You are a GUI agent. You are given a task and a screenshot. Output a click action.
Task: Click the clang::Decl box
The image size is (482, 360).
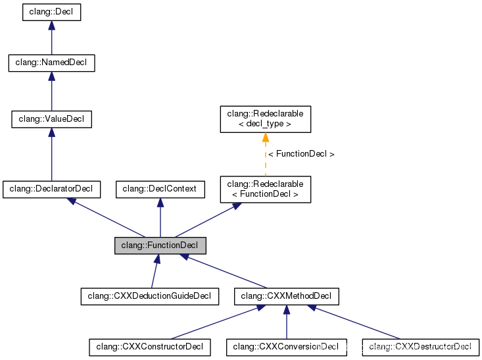point(52,13)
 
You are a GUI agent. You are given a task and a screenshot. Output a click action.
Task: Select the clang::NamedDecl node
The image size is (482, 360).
point(52,63)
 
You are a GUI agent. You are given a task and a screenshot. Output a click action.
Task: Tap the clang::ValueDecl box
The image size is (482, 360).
point(52,119)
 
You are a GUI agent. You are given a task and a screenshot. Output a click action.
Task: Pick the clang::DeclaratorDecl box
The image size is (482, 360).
point(52,190)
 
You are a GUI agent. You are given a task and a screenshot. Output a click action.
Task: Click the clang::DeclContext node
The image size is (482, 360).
point(160,190)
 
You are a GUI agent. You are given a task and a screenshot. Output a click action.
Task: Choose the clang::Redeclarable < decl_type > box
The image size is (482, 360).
point(266,119)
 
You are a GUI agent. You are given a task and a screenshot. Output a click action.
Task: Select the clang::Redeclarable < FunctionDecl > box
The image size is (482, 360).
point(266,190)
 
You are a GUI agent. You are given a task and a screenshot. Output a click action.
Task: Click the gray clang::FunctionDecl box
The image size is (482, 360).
point(160,245)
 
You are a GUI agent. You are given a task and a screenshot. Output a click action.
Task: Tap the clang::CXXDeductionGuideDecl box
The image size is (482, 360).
point(150,296)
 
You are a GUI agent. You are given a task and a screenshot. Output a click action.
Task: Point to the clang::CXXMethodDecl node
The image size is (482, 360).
point(287,296)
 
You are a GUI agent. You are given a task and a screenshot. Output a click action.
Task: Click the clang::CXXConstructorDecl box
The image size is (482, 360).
point(150,347)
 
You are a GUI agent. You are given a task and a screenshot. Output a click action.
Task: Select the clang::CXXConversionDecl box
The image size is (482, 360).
point(287,347)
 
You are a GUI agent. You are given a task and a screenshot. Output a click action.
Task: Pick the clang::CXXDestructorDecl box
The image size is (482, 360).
point(421,347)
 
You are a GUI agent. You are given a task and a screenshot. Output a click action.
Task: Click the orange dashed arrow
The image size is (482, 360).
point(266,155)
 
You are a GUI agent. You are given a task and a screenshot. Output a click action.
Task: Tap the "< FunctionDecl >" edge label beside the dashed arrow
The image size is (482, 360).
point(301,154)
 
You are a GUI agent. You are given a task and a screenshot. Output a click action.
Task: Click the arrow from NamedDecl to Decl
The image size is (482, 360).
point(52,38)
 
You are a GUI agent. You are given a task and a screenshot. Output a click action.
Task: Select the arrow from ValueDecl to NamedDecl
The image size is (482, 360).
point(52,91)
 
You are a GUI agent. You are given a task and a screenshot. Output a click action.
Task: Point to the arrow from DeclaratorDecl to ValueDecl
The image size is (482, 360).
point(52,155)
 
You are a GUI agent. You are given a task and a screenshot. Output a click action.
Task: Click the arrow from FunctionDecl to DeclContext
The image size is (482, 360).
point(160,218)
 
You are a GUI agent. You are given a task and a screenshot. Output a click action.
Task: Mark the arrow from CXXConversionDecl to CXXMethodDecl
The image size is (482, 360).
point(287,322)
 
